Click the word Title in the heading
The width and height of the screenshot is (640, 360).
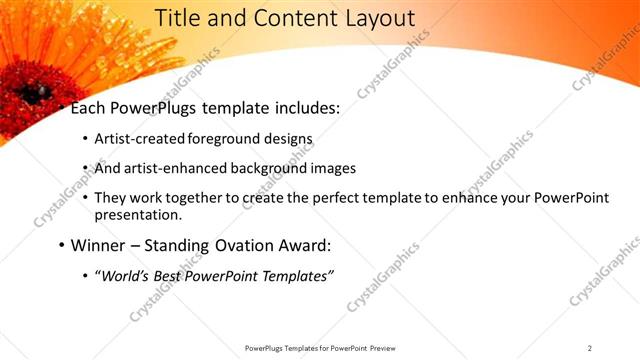(181, 18)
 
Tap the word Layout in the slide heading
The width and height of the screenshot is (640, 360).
(378, 18)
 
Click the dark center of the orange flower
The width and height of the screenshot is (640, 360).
(37, 93)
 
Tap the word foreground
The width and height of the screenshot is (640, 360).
(214, 139)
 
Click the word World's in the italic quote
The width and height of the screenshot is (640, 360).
(124, 275)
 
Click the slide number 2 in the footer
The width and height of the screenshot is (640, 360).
(590, 348)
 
